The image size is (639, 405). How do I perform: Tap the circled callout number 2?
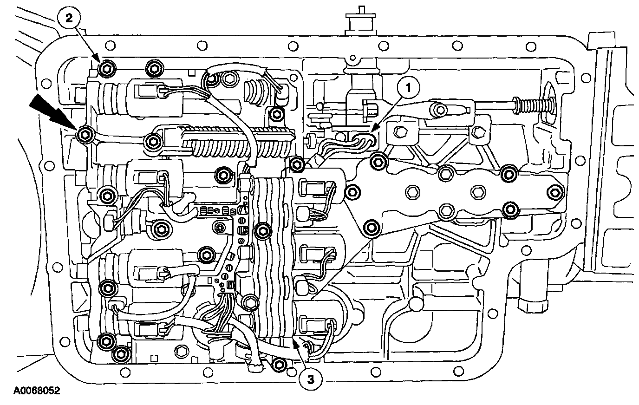tap(69, 18)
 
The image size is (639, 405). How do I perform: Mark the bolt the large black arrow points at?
tap(84, 135)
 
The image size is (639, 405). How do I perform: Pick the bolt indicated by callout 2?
tap(106, 69)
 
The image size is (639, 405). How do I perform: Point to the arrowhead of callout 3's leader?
tap(294, 342)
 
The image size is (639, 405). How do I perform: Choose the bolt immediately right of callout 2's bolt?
tap(152, 68)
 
